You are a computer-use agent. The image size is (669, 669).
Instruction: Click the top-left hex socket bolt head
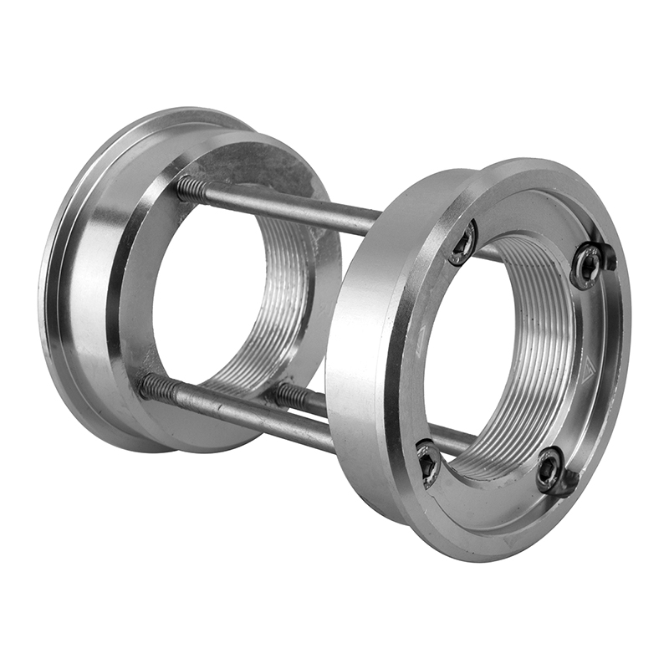[462, 243]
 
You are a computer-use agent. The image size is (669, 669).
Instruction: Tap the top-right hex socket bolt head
[589, 267]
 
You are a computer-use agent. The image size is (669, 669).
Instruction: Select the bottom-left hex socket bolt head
[428, 463]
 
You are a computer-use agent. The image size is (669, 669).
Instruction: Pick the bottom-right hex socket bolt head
[549, 470]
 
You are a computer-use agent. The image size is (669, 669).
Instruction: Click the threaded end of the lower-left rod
[154, 386]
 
